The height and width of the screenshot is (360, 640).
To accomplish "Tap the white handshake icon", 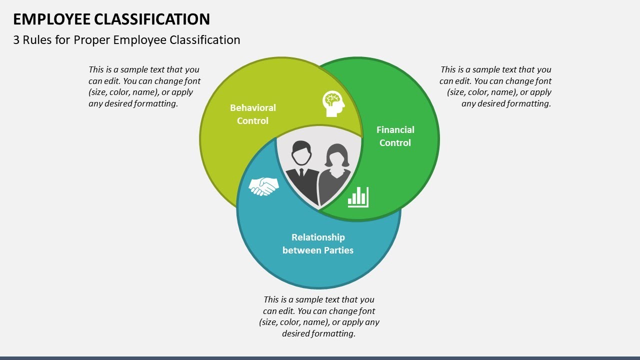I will (x=263, y=186).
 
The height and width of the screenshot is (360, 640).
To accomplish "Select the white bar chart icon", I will (x=358, y=197).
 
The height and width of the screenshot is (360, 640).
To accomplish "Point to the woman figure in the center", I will (x=336, y=173).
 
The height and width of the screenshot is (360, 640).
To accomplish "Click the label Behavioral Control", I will (x=252, y=114).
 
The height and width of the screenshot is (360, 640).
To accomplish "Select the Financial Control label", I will (x=395, y=136).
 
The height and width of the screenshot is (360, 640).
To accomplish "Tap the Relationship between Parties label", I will (x=318, y=243).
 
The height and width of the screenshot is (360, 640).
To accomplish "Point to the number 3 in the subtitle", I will (x=16, y=40).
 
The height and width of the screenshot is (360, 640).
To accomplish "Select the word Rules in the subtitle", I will (x=36, y=40).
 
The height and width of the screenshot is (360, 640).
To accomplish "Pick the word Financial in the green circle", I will (x=395, y=129).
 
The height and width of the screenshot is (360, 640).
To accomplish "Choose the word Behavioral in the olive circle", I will (x=252, y=107).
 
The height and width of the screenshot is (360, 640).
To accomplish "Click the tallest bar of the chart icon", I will (x=365, y=195).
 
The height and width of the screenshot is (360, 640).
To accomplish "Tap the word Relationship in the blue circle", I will (x=318, y=237).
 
